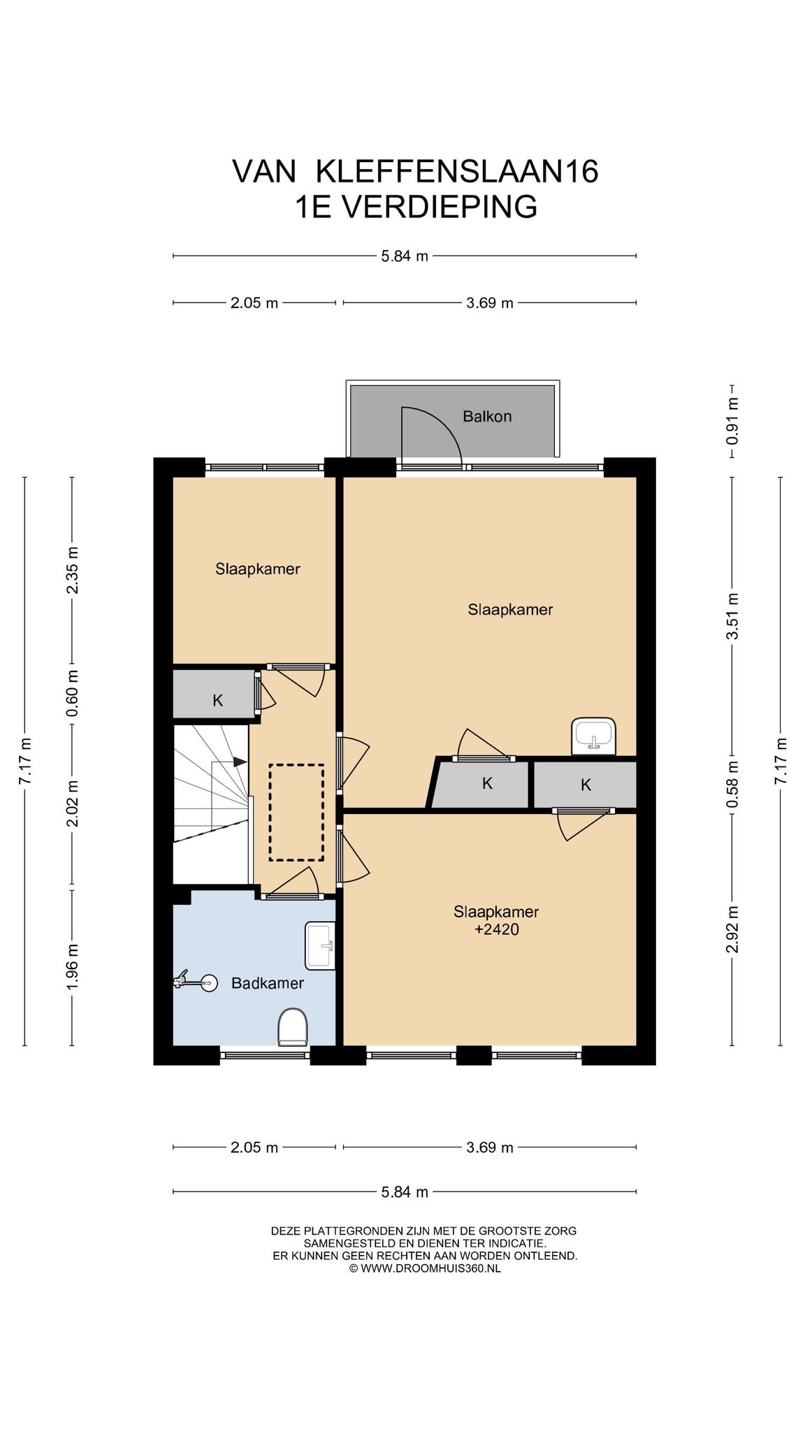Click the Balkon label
click(487, 416)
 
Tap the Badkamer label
click(268, 983)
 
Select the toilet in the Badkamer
click(293, 1027)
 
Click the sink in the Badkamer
click(320, 945)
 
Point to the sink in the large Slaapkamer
click(593, 736)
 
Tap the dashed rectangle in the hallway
click(296, 812)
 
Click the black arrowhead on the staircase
click(240, 762)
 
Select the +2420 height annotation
click(496, 929)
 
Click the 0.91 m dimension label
click(732, 421)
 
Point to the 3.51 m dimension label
click(732, 616)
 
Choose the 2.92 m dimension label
click(732, 929)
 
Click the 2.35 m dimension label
click(72, 570)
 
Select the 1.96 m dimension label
click(72, 967)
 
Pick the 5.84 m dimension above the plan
click(405, 256)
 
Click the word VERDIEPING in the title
click(442, 207)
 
